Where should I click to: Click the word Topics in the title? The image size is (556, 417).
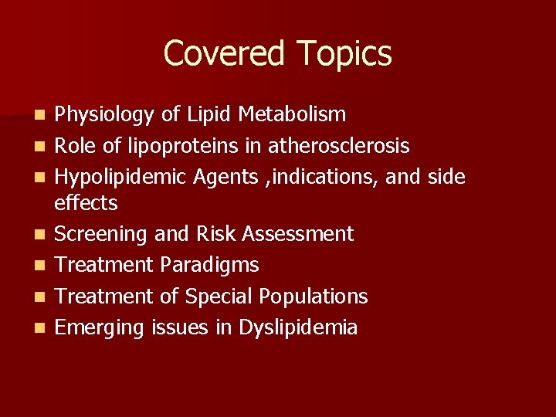tap(344, 54)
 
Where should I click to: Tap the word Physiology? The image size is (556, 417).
tap(105, 115)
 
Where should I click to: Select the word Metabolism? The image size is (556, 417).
tap(293, 115)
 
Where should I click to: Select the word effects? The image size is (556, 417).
tap(86, 203)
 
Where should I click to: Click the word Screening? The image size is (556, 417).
tap(101, 234)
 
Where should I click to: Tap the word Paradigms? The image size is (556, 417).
tap(208, 265)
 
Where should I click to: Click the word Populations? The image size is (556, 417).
tap(314, 297)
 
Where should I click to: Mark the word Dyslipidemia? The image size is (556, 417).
tap(298, 327)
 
